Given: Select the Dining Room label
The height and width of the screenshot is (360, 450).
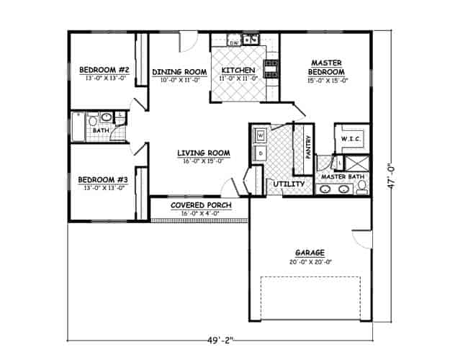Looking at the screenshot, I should pos(179,71).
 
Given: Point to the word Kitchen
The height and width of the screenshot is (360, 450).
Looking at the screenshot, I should pos(238,70).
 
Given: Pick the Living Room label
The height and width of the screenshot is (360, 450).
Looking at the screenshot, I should pos(204,153).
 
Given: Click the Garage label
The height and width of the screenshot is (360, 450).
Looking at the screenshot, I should pos(310,253).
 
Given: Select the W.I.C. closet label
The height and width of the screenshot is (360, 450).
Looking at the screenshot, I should pos(351,138).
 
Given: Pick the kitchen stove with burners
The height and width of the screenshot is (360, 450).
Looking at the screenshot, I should pos(271,68).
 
